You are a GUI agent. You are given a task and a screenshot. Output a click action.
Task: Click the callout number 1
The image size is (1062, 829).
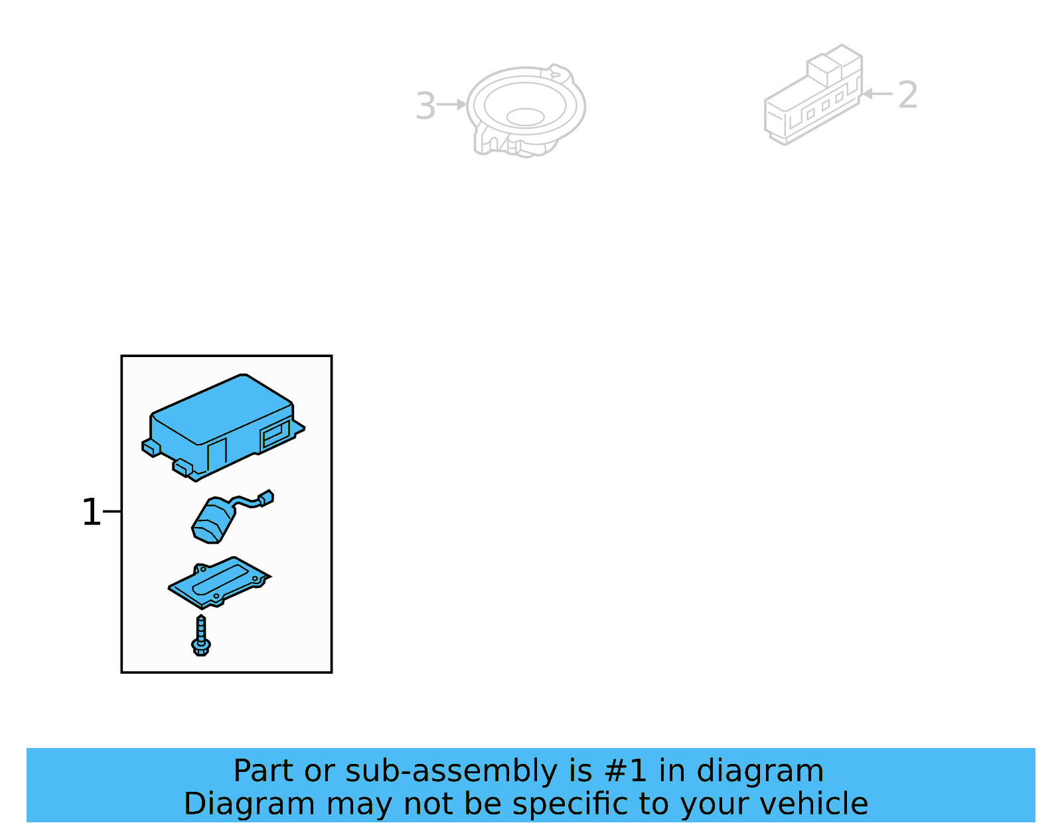click(91, 512)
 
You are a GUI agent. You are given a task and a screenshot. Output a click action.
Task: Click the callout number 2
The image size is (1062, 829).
click(907, 95)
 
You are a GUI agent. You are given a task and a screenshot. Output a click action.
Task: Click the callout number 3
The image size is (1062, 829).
click(425, 106)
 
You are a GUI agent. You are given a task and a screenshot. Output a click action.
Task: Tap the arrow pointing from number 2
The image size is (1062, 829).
click(876, 94)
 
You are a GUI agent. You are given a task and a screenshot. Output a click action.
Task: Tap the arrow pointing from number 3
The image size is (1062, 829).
click(452, 105)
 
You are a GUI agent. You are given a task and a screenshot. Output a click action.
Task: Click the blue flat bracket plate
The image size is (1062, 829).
click(219, 583)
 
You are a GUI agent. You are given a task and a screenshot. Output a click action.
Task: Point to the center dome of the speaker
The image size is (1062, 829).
click(525, 117)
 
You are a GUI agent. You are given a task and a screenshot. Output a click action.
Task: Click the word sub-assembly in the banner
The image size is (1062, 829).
click(451, 771)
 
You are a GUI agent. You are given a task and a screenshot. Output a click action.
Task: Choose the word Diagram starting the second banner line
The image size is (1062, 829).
click(249, 804)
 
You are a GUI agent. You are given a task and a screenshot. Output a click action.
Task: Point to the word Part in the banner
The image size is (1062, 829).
click(263, 771)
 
